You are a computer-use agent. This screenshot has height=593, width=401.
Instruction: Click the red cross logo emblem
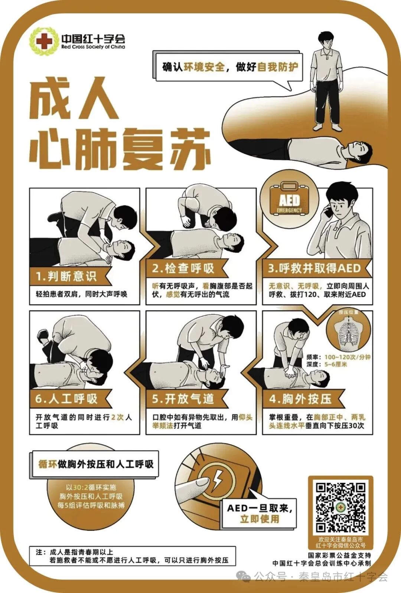point(44,41)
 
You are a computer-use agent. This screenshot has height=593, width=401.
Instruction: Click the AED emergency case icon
point(289,200)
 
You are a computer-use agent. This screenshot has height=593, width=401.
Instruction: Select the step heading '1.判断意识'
point(66,276)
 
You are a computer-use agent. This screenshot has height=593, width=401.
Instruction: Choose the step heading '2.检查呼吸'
point(183,268)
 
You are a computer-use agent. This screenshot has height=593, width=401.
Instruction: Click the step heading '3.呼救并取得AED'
point(314,268)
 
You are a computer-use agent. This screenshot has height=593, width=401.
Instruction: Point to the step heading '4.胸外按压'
point(300,399)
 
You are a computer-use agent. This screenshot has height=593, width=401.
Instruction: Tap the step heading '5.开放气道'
point(183,399)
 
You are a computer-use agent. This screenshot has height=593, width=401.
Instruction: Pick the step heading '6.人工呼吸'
point(66,399)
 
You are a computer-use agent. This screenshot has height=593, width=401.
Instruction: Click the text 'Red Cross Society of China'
point(93,47)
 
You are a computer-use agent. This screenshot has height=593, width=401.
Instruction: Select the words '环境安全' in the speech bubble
point(204,67)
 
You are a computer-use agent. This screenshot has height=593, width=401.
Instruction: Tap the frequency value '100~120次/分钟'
point(347,357)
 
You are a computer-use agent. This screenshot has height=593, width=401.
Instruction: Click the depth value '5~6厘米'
point(336,364)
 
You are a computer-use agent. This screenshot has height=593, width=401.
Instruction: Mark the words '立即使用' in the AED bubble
point(259,519)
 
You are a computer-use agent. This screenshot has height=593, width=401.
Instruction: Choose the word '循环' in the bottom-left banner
point(48,464)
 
